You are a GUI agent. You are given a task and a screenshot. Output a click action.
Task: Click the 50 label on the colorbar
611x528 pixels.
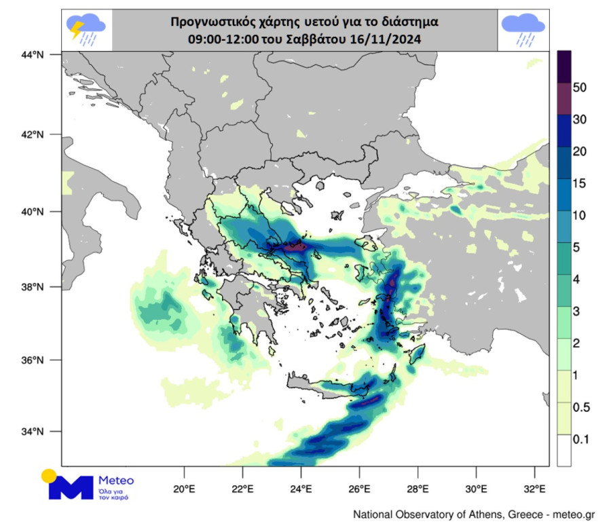pos(580,88)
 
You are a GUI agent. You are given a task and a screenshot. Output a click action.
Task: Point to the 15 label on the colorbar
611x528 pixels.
pos(580,184)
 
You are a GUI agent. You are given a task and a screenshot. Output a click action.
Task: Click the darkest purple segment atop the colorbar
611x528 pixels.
pos(564,67)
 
